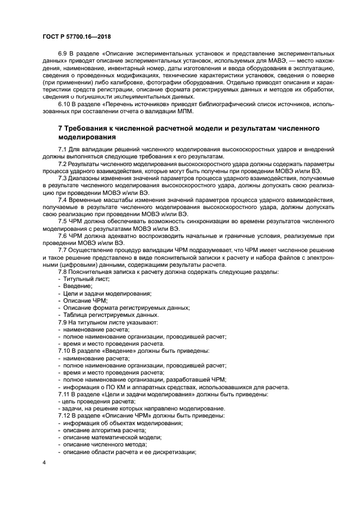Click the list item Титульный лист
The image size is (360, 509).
coord(86,279)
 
